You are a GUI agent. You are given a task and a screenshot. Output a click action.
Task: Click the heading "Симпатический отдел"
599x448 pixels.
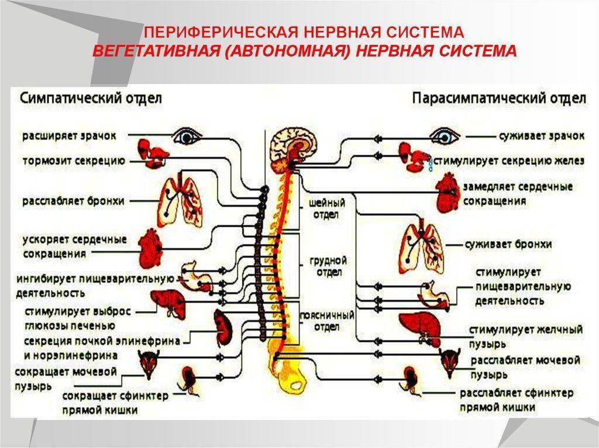91,98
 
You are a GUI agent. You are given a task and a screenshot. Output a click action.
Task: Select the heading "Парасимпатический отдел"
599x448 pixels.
499,98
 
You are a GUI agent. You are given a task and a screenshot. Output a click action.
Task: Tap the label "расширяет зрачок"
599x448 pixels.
70,136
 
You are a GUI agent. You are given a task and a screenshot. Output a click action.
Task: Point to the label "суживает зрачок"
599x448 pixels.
541,136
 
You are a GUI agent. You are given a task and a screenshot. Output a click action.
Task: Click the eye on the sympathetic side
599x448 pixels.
189,136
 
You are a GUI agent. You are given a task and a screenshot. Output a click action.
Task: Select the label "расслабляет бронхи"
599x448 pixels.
73,202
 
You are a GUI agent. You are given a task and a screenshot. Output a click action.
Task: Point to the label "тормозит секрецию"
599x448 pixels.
73,160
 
